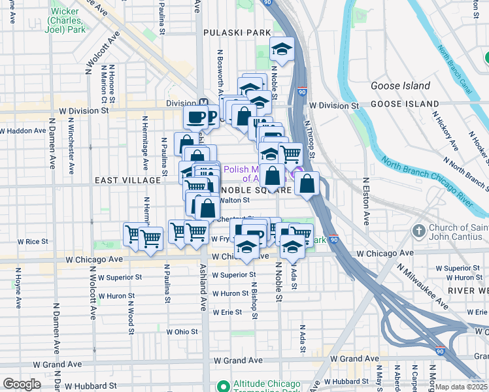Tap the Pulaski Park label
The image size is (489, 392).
[228, 32]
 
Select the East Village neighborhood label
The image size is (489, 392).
[127, 180]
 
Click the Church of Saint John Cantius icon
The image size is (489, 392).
[419, 231]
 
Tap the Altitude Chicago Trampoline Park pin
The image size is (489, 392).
[223, 385]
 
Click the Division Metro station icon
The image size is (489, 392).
[205, 103]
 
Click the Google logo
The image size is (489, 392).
[22, 384]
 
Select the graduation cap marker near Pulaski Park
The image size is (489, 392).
[282, 50]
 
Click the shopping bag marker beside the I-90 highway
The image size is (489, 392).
[307, 184]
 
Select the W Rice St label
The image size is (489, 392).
[33, 241]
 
